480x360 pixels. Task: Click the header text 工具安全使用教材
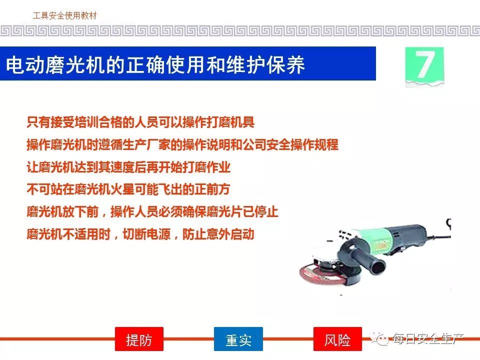pos(64,15)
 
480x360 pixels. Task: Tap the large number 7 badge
pos(424,66)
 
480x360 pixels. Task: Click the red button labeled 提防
pos(139,339)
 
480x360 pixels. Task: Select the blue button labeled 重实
pos(238,339)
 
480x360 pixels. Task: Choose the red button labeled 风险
pos(337,339)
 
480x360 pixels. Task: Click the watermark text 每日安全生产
pos(428,338)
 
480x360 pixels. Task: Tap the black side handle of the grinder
pos(367,260)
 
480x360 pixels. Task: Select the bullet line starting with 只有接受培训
pos(140,122)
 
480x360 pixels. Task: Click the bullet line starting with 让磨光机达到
pos(128,167)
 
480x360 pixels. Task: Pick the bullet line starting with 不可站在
pos(128,189)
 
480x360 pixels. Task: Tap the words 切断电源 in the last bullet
pos(146,234)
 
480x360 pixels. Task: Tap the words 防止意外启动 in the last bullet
pos(218,234)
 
